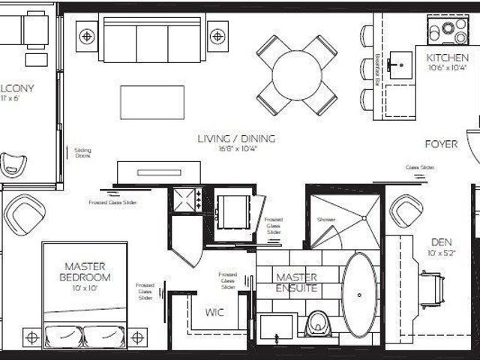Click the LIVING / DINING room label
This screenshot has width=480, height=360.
(x=236, y=139)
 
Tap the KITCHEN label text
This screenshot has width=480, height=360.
(x=448, y=58)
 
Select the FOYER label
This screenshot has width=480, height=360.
(x=441, y=144)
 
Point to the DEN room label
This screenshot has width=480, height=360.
(x=440, y=242)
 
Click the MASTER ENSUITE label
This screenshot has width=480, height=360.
(x=296, y=283)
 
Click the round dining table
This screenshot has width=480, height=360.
(x=297, y=75)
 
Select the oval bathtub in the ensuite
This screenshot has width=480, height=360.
(x=360, y=294)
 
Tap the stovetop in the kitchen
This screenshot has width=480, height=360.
(x=448, y=30)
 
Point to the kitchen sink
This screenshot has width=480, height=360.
(x=398, y=65)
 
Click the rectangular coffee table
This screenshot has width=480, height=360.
(x=152, y=102)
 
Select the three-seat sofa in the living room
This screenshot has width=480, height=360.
(x=152, y=39)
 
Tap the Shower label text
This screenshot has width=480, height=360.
(x=326, y=220)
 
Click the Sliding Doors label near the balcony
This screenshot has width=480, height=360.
(x=82, y=153)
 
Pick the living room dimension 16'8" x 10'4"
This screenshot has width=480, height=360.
(x=236, y=149)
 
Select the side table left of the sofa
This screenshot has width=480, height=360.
(x=87, y=35)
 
